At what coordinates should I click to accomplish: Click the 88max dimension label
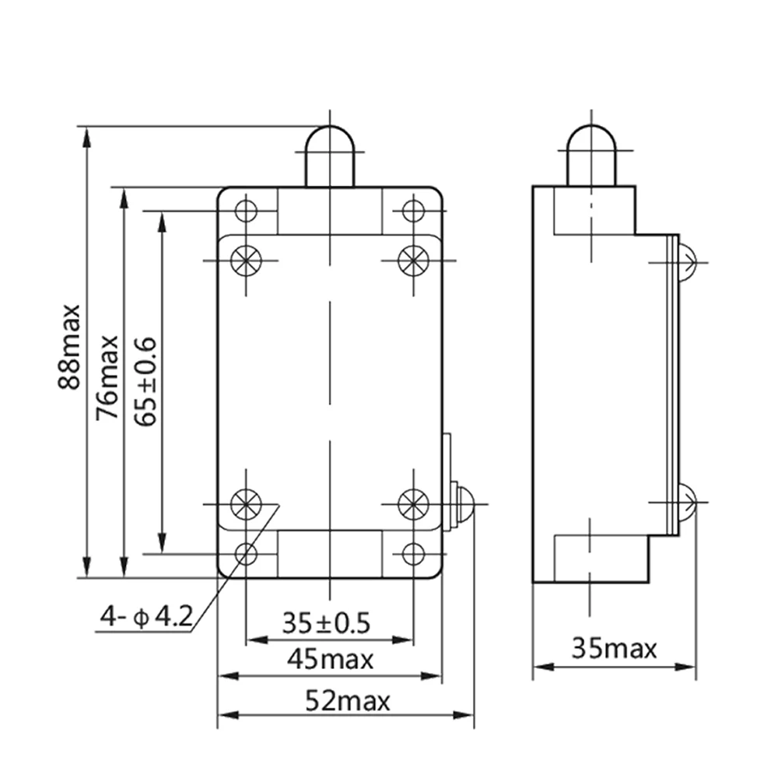[72, 345]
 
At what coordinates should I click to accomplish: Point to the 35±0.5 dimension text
[326, 623]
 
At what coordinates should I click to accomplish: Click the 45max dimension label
[330, 660]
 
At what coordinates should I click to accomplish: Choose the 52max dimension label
[347, 702]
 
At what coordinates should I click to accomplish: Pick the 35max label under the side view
[615, 647]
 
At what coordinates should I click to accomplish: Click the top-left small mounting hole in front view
[247, 210]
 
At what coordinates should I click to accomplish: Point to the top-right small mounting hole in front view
[412, 210]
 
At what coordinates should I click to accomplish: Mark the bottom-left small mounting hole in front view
[247, 553]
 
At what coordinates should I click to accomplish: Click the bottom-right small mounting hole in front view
[412, 553]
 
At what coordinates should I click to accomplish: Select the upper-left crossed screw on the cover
[247, 259]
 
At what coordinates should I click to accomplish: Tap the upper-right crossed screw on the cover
[412, 259]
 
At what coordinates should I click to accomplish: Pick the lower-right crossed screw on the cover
[412, 504]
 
